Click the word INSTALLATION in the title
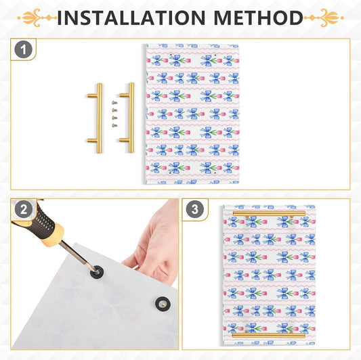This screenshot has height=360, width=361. click(131, 18)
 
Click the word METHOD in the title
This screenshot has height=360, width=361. click(258, 18)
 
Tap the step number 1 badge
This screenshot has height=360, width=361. click(24, 49)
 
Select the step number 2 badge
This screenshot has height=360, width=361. click(24, 210)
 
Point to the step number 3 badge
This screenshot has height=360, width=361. click(195, 209)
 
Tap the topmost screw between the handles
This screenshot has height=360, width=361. click(114, 103)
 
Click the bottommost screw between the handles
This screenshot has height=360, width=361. click(114, 125)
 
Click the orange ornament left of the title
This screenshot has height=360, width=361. click(37, 18)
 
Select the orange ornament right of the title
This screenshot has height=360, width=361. click(324, 18)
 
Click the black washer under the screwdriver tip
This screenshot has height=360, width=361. click(97, 272)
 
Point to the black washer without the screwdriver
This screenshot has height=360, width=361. click(163, 304)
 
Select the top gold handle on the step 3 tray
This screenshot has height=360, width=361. click(269, 213)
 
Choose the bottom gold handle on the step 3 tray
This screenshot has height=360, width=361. click(269, 336)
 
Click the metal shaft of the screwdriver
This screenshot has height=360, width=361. click(77, 255)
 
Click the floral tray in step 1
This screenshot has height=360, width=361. click(192, 114)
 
